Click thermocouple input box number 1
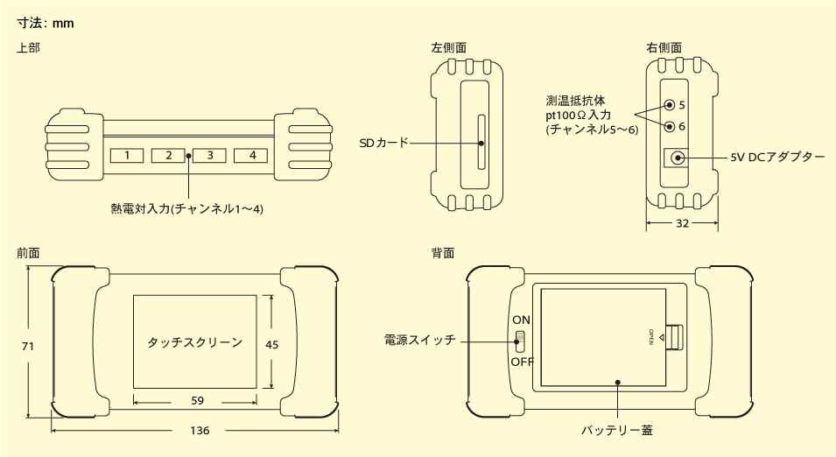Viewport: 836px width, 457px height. click(x=127, y=156)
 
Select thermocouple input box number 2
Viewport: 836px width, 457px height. click(x=168, y=156)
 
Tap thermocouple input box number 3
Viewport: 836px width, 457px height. click(x=210, y=156)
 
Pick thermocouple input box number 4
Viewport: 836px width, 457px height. click(x=251, y=156)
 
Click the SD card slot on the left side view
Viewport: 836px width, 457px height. click(x=480, y=142)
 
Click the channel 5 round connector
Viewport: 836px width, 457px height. click(x=670, y=105)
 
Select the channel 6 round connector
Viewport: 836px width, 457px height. click(x=670, y=126)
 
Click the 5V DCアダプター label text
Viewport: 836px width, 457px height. click(x=778, y=158)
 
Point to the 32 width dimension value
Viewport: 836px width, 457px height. click(x=683, y=224)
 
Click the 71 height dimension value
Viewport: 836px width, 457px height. click(x=27, y=347)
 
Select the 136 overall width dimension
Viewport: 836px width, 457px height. click(x=199, y=431)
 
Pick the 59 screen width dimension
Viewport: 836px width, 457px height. click(x=197, y=400)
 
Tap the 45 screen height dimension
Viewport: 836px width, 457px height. click(x=271, y=345)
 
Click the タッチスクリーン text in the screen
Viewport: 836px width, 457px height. click(x=195, y=342)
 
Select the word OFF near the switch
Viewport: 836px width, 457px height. click(x=523, y=361)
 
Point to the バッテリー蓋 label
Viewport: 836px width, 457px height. click(x=617, y=431)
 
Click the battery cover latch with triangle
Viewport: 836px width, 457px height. click(x=670, y=338)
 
